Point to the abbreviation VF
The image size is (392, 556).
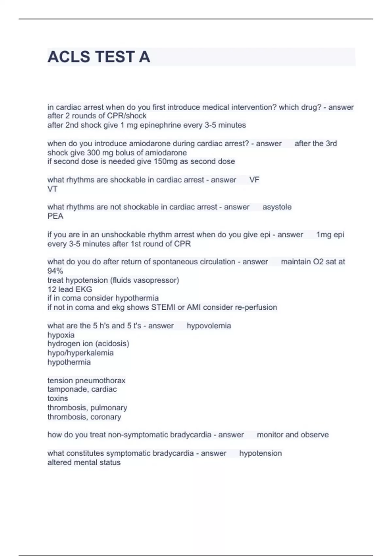[254, 180]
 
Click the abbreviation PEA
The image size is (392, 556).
[55, 216]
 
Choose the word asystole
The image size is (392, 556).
[277, 207]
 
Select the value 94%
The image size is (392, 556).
[55, 271]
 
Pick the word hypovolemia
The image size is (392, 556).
[209, 326]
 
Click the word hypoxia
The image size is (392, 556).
[61, 335]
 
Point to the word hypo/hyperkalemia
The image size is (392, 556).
[80, 353]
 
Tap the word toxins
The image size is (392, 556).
[57, 398]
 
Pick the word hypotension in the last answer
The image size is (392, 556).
[260, 453]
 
